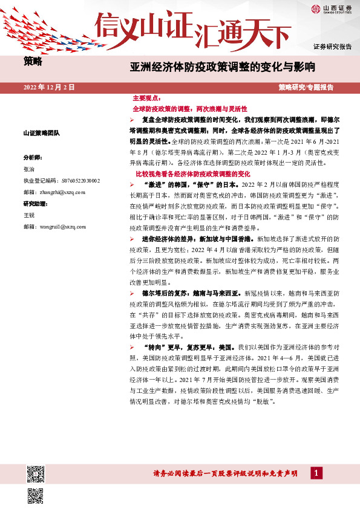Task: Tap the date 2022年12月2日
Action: [50, 87]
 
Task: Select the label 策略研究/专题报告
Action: [306, 87]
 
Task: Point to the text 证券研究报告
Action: [332, 47]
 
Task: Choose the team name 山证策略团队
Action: [41, 132]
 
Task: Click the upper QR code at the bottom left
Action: [36, 472]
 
